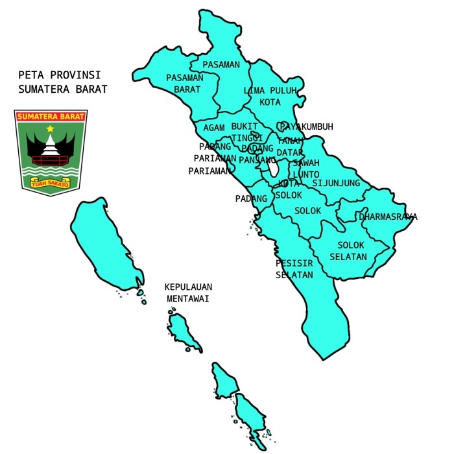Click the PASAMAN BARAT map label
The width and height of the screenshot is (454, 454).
click(184, 83)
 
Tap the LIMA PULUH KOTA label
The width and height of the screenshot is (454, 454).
click(269, 96)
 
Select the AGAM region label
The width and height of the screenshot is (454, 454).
click(213, 128)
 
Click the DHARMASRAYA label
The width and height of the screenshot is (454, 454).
click(388, 217)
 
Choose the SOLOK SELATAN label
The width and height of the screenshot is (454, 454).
click(351, 250)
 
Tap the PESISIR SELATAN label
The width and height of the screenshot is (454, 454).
click(294, 269)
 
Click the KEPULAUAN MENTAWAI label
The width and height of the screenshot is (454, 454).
click(189, 293)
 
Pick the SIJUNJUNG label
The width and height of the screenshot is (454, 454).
click(336, 183)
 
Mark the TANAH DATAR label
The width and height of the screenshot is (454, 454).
click(289, 147)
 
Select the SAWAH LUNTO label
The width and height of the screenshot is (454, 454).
click(305, 169)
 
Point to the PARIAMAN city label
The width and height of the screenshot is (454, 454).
click(209, 171)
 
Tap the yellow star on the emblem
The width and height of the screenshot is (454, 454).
click(50, 129)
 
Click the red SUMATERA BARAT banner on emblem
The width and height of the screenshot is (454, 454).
click(51, 117)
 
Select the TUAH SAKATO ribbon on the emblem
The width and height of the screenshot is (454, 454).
click(51, 183)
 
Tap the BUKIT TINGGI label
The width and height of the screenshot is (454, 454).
click(247, 132)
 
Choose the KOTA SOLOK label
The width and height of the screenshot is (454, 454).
click(289, 189)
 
